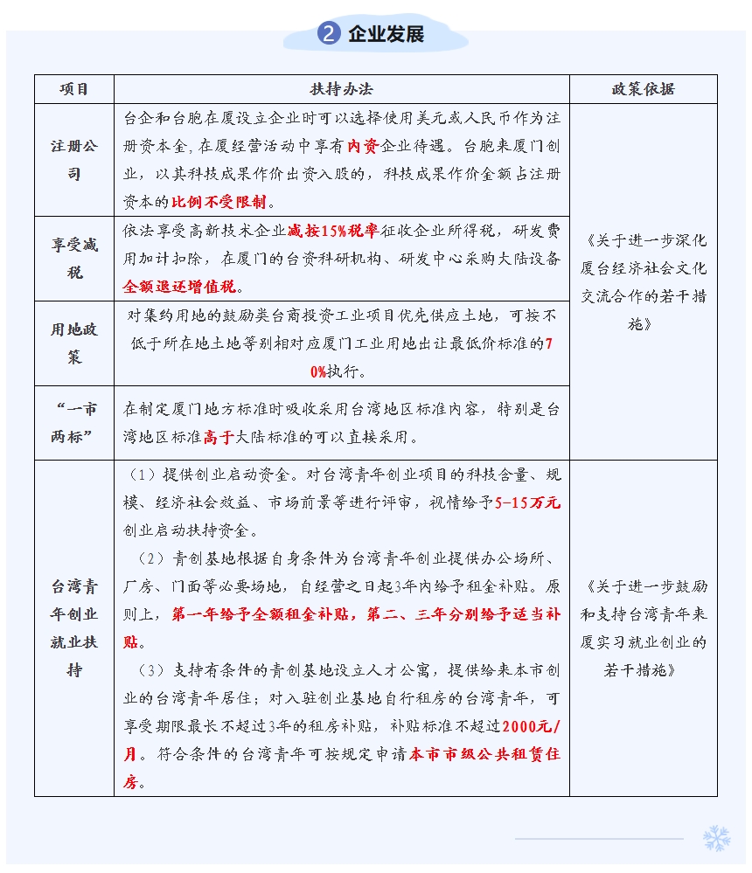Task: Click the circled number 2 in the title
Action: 329,34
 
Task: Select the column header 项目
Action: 74,89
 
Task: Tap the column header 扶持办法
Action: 341,89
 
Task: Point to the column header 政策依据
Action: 643,89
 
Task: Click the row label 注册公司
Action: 74,160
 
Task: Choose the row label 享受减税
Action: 74,259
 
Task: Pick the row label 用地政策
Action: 74,343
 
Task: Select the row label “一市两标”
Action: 74,423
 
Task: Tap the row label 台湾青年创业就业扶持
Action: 74,627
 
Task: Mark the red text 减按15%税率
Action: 332,231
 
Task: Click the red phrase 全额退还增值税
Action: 180,287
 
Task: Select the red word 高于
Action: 218,437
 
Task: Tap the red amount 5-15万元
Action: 526,502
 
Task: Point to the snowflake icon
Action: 716,838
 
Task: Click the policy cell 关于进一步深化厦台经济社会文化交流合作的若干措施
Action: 643,281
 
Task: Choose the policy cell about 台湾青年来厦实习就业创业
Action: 643,627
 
